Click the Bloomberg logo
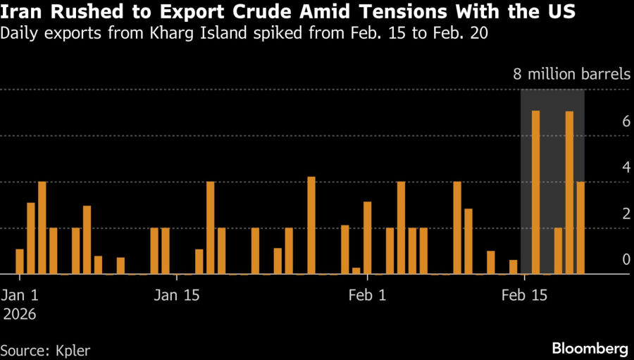pyautogui.click(x=589, y=348)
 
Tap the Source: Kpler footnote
pyautogui.click(x=45, y=349)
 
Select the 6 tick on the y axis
pyautogui.click(x=626, y=121)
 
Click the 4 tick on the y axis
pyautogui.click(x=626, y=168)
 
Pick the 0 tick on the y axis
pyautogui.click(x=626, y=260)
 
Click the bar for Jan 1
pyautogui.click(x=20, y=261)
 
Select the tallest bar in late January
pyautogui.click(x=311, y=225)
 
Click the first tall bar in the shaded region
pyautogui.click(x=536, y=192)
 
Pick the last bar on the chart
pyautogui.click(x=580, y=228)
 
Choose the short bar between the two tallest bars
pyautogui.click(x=559, y=251)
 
